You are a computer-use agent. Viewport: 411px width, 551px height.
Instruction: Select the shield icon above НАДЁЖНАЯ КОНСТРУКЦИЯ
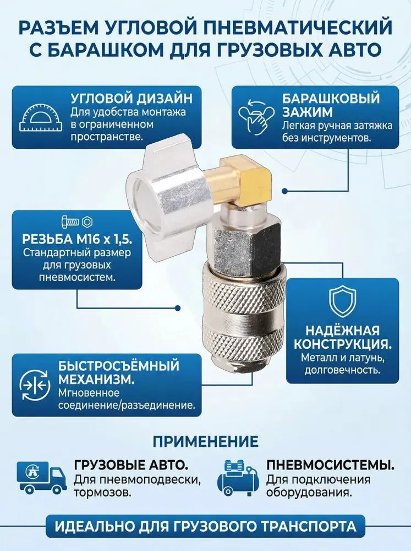[x=342, y=302]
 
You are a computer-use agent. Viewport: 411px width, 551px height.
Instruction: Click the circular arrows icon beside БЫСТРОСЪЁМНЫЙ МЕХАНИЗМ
[x=34, y=385]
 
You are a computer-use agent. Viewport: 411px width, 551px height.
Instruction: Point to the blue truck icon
[x=42, y=478]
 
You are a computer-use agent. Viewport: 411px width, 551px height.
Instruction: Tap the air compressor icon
[x=239, y=479]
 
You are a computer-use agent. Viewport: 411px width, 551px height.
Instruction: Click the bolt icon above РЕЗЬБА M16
[x=70, y=222]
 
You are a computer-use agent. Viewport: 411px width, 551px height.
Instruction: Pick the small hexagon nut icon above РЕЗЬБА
[x=87, y=222]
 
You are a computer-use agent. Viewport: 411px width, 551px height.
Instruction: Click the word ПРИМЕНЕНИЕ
[x=205, y=441]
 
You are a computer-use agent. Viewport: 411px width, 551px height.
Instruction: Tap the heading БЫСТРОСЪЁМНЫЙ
[x=119, y=366]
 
